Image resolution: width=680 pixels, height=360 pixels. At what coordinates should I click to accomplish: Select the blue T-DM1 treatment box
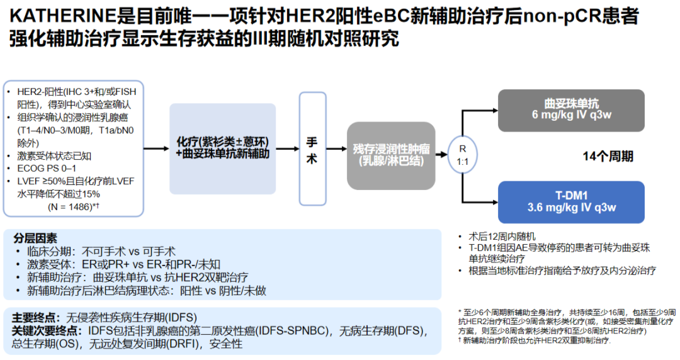pyautogui.click(x=572, y=202)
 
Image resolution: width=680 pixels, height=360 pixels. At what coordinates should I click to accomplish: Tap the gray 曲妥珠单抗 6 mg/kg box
pyautogui.click(x=572, y=110)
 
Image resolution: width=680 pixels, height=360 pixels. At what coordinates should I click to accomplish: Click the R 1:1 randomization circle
pyautogui.click(x=462, y=155)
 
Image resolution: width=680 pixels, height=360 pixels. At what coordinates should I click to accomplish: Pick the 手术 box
pyautogui.click(x=312, y=149)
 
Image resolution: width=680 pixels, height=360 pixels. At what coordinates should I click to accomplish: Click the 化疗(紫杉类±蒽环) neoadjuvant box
pyautogui.click(x=223, y=148)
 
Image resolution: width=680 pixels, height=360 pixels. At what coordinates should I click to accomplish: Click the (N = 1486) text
pyautogui.click(x=72, y=206)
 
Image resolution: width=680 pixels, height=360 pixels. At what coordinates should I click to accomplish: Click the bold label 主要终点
pyautogui.click(x=36, y=317)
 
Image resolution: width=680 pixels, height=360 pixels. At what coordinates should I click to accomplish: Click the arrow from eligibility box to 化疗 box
pyautogui.click(x=157, y=149)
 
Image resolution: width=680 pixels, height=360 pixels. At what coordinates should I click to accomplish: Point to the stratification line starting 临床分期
pyautogui.click(x=101, y=251)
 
